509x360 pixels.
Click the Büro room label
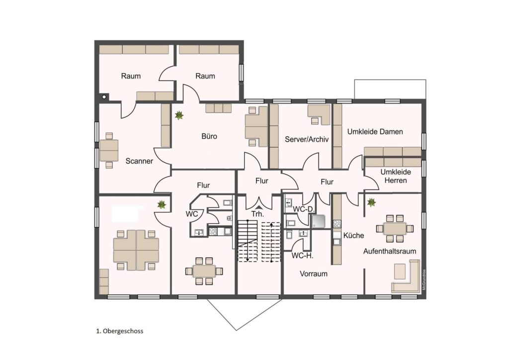[x=209, y=136]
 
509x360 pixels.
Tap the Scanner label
[x=139, y=161]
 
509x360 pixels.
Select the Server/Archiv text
[x=307, y=139]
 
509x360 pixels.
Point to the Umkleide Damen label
[x=375, y=131]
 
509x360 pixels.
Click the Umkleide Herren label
[x=396, y=176]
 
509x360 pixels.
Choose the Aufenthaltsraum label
[x=390, y=251]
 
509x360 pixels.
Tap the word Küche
[x=353, y=235]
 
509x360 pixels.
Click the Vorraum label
[x=314, y=273]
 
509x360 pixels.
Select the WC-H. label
[x=302, y=256]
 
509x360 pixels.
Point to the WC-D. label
[x=304, y=209]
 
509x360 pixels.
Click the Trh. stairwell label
[x=258, y=214]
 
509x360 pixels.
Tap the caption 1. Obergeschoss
[x=119, y=331]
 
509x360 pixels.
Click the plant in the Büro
[x=179, y=115]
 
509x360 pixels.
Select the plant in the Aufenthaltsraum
[x=371, y=203]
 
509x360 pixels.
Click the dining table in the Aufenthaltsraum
[x=395, y=229]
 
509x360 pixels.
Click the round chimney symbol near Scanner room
[x=104, y=97]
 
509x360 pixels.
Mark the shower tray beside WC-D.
[x=318, y=221]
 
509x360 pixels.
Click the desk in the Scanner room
[x=109, y=150]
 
